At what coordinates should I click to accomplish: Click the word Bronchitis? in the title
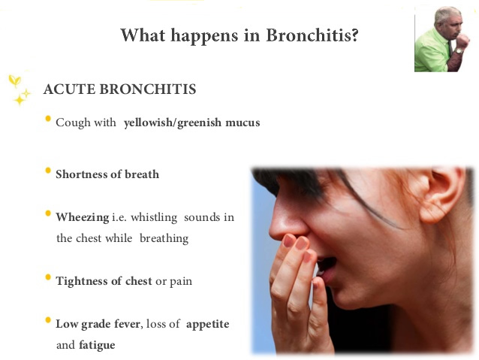coord(312,35)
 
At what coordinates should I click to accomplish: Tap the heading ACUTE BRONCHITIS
coord(120,89)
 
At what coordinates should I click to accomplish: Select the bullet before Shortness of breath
coord(48,171)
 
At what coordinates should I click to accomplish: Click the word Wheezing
coord(83,218)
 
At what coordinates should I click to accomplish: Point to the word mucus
coord(243,123)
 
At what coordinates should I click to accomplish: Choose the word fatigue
coord(97,346)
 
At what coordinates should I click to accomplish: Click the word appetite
coord(207,325)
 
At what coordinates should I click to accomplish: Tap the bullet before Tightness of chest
coord(48,277)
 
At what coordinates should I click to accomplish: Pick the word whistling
coord(154,218)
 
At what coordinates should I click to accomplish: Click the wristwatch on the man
coord(458,51)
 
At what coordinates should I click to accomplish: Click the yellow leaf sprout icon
coord(15,80)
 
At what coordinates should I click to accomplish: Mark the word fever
coord(127,324)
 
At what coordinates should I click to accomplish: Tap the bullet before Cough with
coord(48,119)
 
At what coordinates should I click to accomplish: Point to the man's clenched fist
coord(462,41)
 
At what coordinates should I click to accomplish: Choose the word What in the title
coord(143,35)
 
